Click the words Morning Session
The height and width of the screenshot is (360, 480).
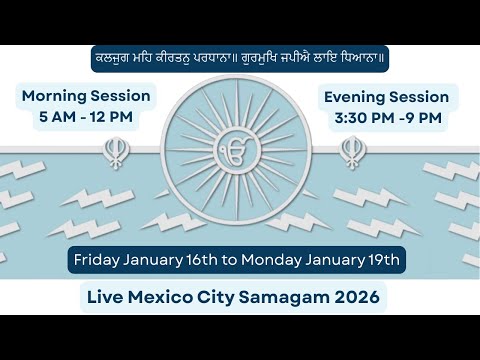pos(86,97)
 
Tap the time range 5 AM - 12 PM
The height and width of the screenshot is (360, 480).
pos(86,117)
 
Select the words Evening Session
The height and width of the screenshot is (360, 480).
pos(385,97)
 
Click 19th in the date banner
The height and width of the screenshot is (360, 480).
pos(383,260)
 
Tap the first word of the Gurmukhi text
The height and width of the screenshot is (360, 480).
pos(107,57)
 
